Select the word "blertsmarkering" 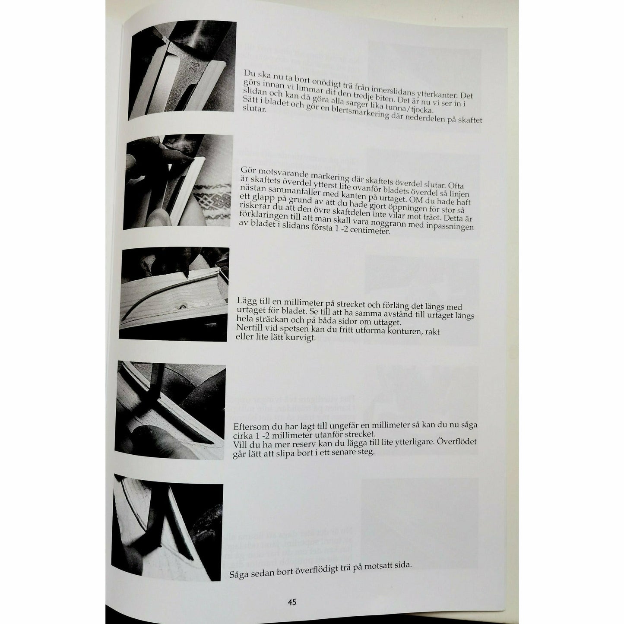(357, 113)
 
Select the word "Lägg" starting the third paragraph (245, 301)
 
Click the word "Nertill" (248, 328)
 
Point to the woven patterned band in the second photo (212, 200)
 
